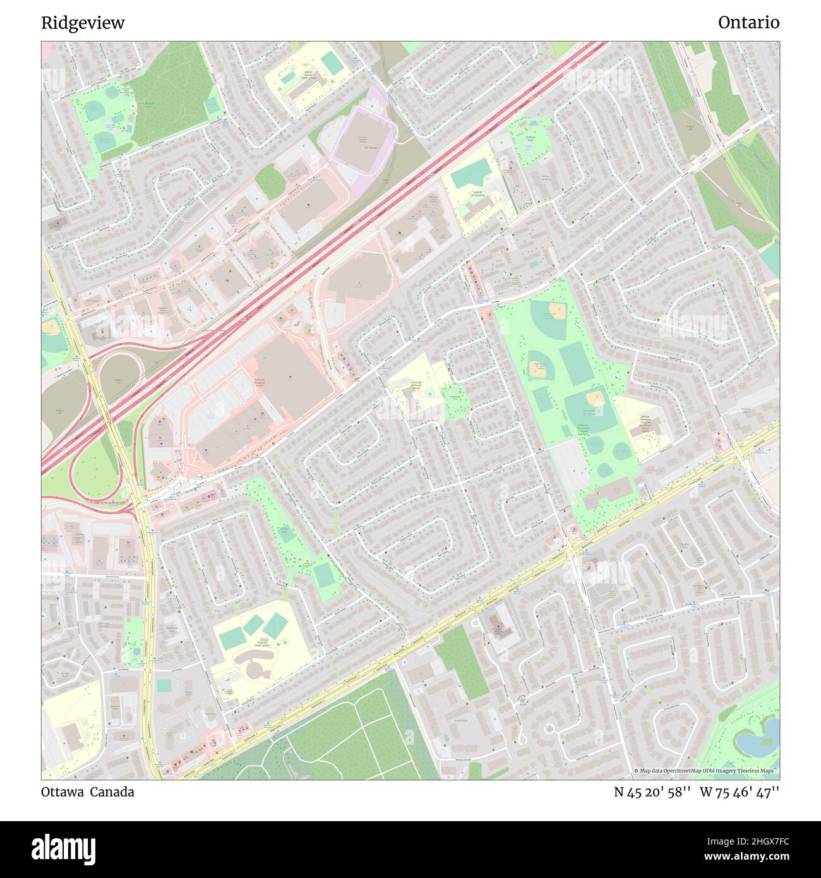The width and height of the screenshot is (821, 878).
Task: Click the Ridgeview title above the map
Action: click(x=83, y=23)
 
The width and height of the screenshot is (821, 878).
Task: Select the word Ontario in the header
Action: click(x=748, y=23)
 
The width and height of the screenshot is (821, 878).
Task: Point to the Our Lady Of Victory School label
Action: click(x=417, y=385)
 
